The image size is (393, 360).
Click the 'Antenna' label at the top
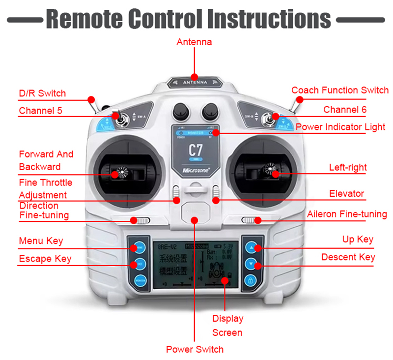click(x=194, y=42)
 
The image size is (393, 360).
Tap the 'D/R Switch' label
click(x=42, y=93)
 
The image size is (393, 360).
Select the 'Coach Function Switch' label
click(x=339, y=90)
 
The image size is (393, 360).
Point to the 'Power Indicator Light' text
click(x=340, y=127)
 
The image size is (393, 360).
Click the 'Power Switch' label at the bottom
click(x=195, y=349)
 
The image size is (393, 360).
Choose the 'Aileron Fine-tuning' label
click(x=347, y=214)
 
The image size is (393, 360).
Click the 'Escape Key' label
click(x=45, y=259)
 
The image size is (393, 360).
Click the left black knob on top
click(x=180, y=109)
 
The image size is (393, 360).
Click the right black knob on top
click(x=210, y=109)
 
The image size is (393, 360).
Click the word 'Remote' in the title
click(x=84, y=19)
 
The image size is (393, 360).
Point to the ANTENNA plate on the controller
click(x=195, y=83)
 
